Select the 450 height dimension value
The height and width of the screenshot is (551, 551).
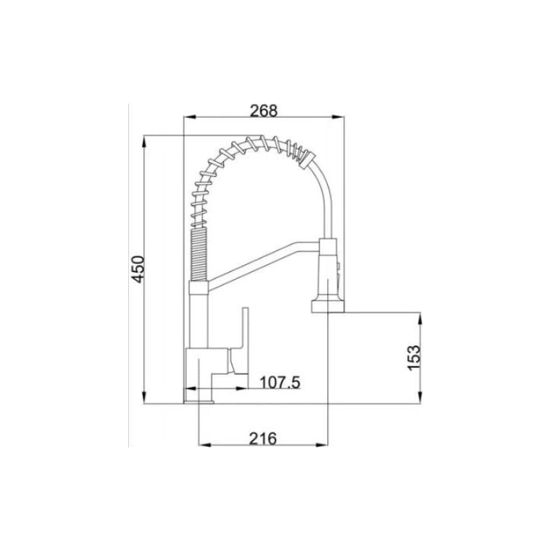(138, 269)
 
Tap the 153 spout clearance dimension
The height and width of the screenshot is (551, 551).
(414, 356)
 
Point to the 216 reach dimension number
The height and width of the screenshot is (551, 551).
(262, 438)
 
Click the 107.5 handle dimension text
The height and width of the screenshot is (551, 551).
(279, 382)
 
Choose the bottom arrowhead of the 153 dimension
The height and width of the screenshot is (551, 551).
(420, 397)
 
